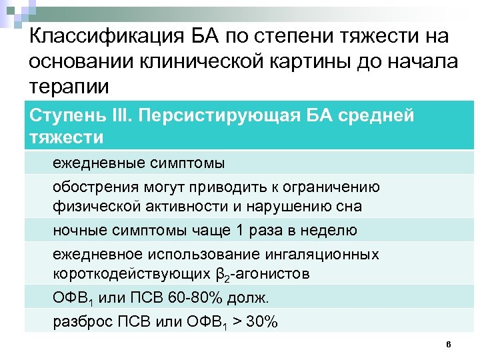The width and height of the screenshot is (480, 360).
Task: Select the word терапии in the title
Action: [68, 87]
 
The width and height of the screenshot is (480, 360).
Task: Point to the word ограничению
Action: [332, 187]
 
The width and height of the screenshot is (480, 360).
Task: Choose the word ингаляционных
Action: [325, 255]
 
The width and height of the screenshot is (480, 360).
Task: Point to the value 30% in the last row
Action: [261, 322]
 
